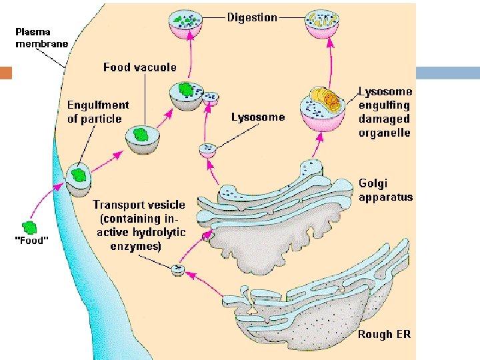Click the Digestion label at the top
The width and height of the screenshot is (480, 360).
252,17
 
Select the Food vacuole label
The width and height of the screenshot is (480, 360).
140,67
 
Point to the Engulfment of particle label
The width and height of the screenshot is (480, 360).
98,112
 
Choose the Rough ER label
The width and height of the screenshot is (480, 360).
384,334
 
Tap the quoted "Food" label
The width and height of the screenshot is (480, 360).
31,241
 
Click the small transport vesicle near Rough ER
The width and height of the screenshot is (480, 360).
178,270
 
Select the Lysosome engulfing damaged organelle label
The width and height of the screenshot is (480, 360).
385,111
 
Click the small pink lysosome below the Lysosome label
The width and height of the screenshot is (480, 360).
208,150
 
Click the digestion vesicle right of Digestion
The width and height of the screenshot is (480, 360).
321,24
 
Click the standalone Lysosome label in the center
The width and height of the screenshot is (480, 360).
257,117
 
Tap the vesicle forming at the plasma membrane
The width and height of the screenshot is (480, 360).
79,177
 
